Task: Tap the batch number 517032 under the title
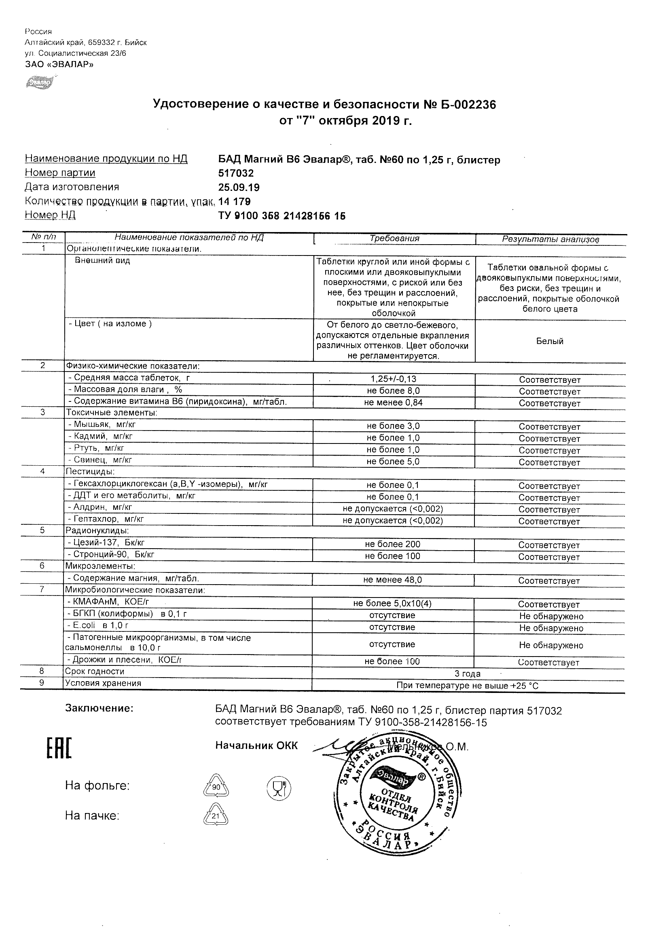(x=236, y=173)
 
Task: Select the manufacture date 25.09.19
(x=239, y=188)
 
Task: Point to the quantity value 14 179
(x=234, y=201)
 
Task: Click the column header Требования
(x=394, y=239)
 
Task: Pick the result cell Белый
(x=549, y=341)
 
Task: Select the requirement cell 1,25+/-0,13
(x=394, y=379)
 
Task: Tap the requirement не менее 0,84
(x=393, y=403)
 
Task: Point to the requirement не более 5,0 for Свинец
(x=393, y=462)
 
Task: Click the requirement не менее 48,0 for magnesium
(x=392, y=580)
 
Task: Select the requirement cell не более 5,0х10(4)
(x=392, y=604)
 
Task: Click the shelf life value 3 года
(x=468, y=674)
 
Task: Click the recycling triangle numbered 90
(x=216, y=787)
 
